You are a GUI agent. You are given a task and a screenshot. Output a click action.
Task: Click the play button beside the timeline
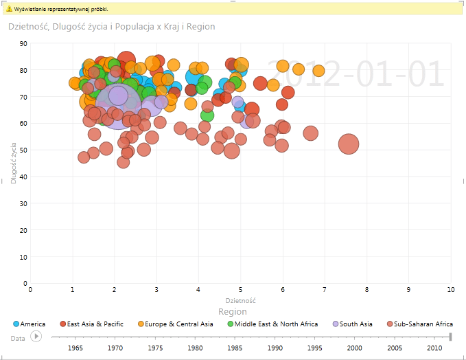[36, 337]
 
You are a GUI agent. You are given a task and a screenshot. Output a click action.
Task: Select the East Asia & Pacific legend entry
[93, 324]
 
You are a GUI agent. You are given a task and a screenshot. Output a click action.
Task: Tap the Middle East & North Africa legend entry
[277, 324]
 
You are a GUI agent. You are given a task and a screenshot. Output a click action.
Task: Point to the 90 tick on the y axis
[23, 43]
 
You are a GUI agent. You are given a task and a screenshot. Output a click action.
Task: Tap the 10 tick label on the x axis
[450, 289]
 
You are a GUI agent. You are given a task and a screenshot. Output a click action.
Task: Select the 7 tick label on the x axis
[325, 289]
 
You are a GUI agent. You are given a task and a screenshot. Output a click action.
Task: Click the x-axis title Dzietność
[241, 300]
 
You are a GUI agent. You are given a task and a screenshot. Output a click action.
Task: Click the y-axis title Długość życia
[14, 163]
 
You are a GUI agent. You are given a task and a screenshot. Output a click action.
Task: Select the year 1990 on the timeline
[275, 348]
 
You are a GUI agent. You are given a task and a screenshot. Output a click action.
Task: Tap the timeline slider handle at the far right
[450, 336]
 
